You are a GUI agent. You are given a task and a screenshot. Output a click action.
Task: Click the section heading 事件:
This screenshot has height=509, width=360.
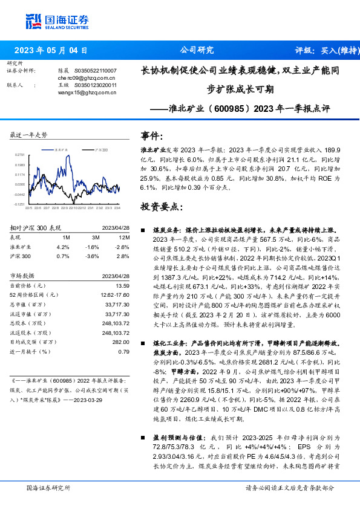click(x=151, y=135)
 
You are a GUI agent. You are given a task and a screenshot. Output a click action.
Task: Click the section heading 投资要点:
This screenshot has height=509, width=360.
click(x=160, y=207)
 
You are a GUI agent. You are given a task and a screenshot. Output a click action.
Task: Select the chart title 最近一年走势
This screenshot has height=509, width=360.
click(x=29, y=134)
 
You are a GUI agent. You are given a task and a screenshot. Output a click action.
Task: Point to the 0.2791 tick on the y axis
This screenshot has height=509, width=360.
click(x=20, y=155)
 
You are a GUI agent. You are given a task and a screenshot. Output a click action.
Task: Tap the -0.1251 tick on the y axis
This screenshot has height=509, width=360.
click(x=20, y=204)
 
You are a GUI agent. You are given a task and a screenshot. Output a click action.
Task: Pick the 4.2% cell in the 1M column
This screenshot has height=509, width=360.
click(x=63, y=247)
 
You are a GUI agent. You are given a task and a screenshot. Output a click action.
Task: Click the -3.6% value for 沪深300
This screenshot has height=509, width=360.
click(x=93, y=257)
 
